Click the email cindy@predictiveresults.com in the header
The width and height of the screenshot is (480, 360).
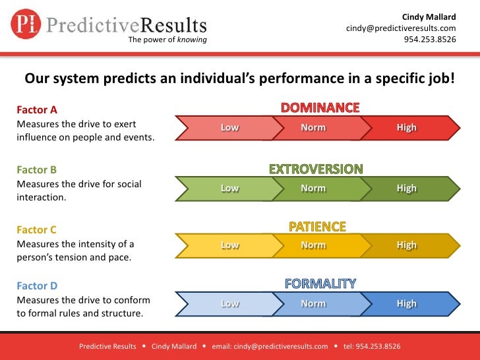click(401, 28)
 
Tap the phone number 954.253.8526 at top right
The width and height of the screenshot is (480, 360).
click(429, 39)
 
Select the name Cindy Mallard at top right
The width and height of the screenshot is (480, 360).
click(429, 17)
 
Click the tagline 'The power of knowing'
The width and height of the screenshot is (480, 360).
click(167, 40)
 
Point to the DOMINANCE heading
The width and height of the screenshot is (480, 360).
click(320, 107)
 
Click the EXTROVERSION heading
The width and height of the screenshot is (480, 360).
click(316, 169)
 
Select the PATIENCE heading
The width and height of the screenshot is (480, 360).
click(317, 227)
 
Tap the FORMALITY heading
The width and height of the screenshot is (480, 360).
click(320, 284)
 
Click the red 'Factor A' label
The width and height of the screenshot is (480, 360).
click(37, 109)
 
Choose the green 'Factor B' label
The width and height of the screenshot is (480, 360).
click(37, 169)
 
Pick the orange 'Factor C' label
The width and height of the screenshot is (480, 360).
click(37, 230)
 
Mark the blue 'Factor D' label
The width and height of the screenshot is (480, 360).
click(37, 285)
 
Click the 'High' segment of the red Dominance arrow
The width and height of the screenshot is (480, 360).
click(407, 128)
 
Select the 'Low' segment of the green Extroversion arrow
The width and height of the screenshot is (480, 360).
click(229, 188)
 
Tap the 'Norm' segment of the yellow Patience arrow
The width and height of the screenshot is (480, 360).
click(313, 245)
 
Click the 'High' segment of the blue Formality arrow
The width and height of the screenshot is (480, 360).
click(407, 304)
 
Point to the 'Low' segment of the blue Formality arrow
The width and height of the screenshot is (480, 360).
click(229, 304)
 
